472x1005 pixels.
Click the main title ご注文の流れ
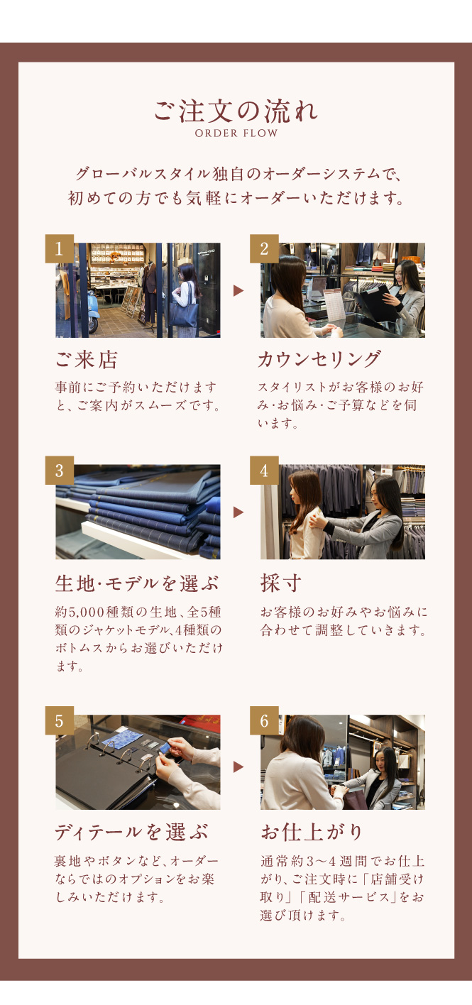[236, 111]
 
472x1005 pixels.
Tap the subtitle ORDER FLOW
[236, 133]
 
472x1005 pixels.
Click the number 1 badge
[59, 248]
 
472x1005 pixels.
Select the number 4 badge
[264, 470]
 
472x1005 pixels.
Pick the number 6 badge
[264, 720]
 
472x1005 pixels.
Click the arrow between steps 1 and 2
[238, 291]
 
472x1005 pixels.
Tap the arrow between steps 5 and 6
[238, 767]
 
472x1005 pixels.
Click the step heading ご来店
[86, 360]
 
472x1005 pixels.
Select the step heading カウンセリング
[319, 359]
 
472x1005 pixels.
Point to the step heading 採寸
[281, 583]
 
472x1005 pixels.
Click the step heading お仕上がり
[312, 833]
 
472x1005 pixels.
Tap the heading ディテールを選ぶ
[131, 833]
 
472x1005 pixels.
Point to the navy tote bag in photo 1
[184, 315]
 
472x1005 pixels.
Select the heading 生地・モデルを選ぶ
[137, 583]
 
